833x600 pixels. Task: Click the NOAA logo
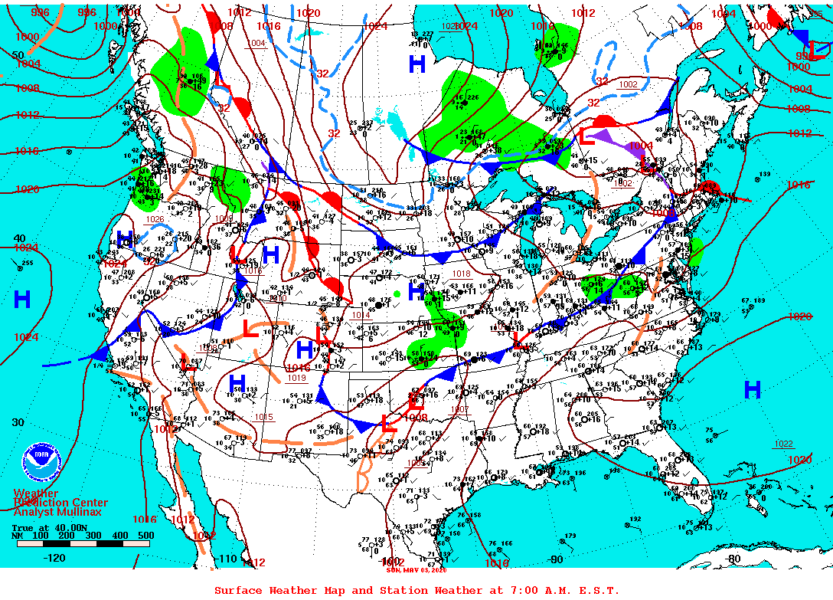(x=41, y=461)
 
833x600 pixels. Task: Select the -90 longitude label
(x=557, y=559)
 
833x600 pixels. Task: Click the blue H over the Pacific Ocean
(x=22, y=300)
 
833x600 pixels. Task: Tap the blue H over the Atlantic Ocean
(x=753, y=390)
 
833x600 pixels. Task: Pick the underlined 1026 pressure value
(x=155, y=219)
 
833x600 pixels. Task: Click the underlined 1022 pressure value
(x=783, y=444)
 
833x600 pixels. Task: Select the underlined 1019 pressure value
(x=296, y=378)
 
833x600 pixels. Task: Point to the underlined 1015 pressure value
(x=264, y=417)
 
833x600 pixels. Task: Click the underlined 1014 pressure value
(x=361, y=315)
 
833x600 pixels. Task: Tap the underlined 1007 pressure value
(x=459, y=409)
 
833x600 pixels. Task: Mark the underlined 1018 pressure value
(x=461, y=274)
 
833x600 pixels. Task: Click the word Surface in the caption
(x=239, y=590)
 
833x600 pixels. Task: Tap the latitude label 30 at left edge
(x=18, y=422)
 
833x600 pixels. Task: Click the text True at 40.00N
(x=44, y=527)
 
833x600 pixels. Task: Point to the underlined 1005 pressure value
(x=415, y=463)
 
